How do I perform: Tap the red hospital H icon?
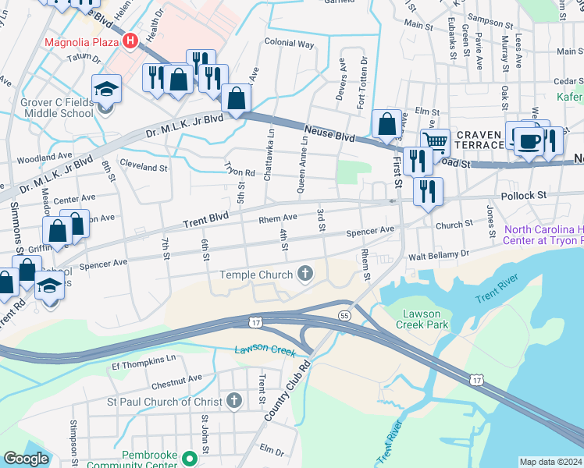(x=130, y=41)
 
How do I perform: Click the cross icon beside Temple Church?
(x=304, y=274)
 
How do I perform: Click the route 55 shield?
(x=344, y=314)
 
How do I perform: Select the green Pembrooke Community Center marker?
(x=188, y=456)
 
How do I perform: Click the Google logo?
(x=26, y=459)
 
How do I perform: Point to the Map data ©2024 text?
(x=550, y=462)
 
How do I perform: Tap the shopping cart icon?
(x=436, y=140)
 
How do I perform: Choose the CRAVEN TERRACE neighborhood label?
(x=479, y=140)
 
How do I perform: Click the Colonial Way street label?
(x=289, y=44)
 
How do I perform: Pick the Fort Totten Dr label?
(x=361, y=83)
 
